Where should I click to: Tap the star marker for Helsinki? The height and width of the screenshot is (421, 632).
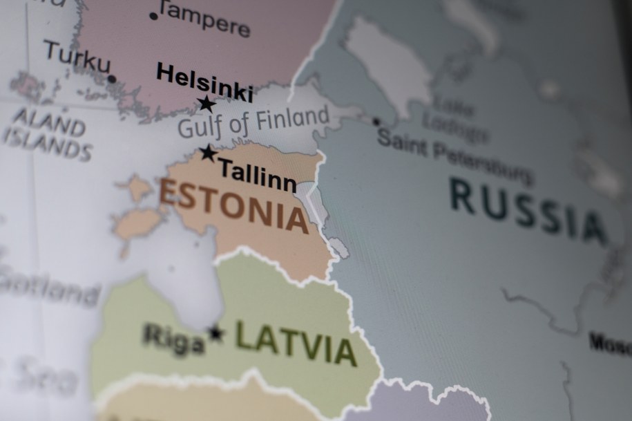coord(207,104)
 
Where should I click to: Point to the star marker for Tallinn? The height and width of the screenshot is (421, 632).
coord(208,153)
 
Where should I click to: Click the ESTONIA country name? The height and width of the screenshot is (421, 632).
coord(233,205)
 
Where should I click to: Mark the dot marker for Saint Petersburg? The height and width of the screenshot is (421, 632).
coord(376,122)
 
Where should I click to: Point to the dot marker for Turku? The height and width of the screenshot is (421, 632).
coord(112,79)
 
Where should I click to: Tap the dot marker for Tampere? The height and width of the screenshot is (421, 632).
coord(153,15)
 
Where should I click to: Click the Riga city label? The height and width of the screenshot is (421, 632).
coord(173,339)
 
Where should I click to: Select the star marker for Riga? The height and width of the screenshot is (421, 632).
coord(216,334)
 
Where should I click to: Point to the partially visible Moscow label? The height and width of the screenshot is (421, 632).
coord(611,343)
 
